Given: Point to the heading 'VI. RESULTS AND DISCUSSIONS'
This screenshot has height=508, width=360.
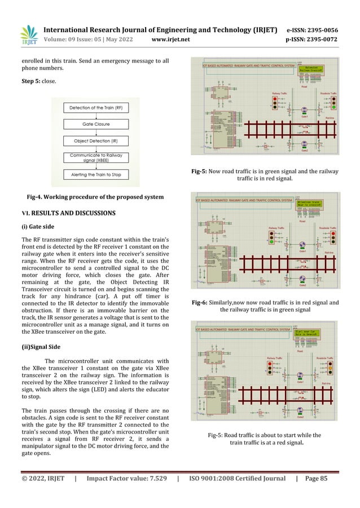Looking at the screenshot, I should [x=68, y=213].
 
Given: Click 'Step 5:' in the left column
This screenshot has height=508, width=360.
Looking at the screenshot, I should [x=31, y=81].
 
